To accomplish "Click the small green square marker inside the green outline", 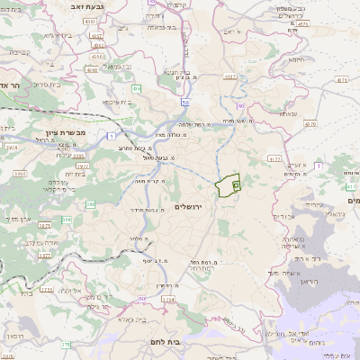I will tap(236, 184).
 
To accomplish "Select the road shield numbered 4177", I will tap(275, 158).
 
